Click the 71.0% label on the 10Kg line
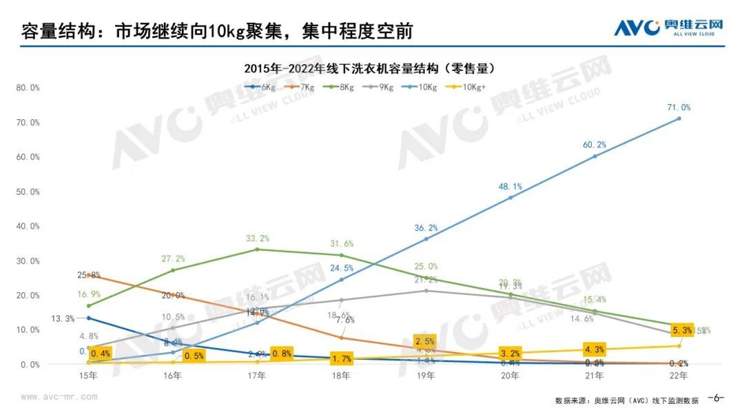click(x=679, y=108)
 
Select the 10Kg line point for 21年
click(x=595, y=156)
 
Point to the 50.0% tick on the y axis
click(x=28, y=192)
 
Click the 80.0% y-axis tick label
click(x=28, y=88)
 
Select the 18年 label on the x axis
click(x=341, y=376)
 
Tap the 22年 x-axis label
click(x=679, y=376)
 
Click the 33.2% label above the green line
click(x=257, y=238)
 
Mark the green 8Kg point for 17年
click(x=257, y=249)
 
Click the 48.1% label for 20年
click(x=510, y=186)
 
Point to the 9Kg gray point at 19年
click(x=426, y=290)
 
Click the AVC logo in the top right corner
click(x=668, y=28)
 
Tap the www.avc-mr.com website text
click(x=59, y=397)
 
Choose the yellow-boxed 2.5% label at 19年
click(x=425, y=341)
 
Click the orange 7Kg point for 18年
click(x=341, y=337)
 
